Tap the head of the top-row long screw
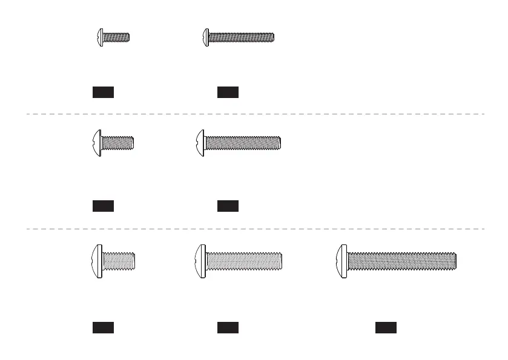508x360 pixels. coord(205,37)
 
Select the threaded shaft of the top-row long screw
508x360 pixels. coord(241,37)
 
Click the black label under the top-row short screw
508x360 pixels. coord(103,92)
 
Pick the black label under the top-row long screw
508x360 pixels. coord(228,92)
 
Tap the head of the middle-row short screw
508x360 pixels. coord(96,143)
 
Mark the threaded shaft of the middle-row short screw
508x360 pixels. coord(117,143)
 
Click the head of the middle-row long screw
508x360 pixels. coord(200,143)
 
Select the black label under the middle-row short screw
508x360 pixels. coord(103,206)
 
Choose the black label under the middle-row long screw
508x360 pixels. coord(228,206)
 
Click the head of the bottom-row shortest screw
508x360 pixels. coord(97,261)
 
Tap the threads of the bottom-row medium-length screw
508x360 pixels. coord(245,261)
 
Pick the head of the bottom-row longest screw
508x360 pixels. coord(342,261)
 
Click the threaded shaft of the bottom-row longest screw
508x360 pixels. coord(401,261)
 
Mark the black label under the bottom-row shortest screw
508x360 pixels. coord(103,328)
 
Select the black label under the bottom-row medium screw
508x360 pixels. coord(228,328)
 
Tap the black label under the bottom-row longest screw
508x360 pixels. coord(386,328)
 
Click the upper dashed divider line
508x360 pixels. coord(254,114)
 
